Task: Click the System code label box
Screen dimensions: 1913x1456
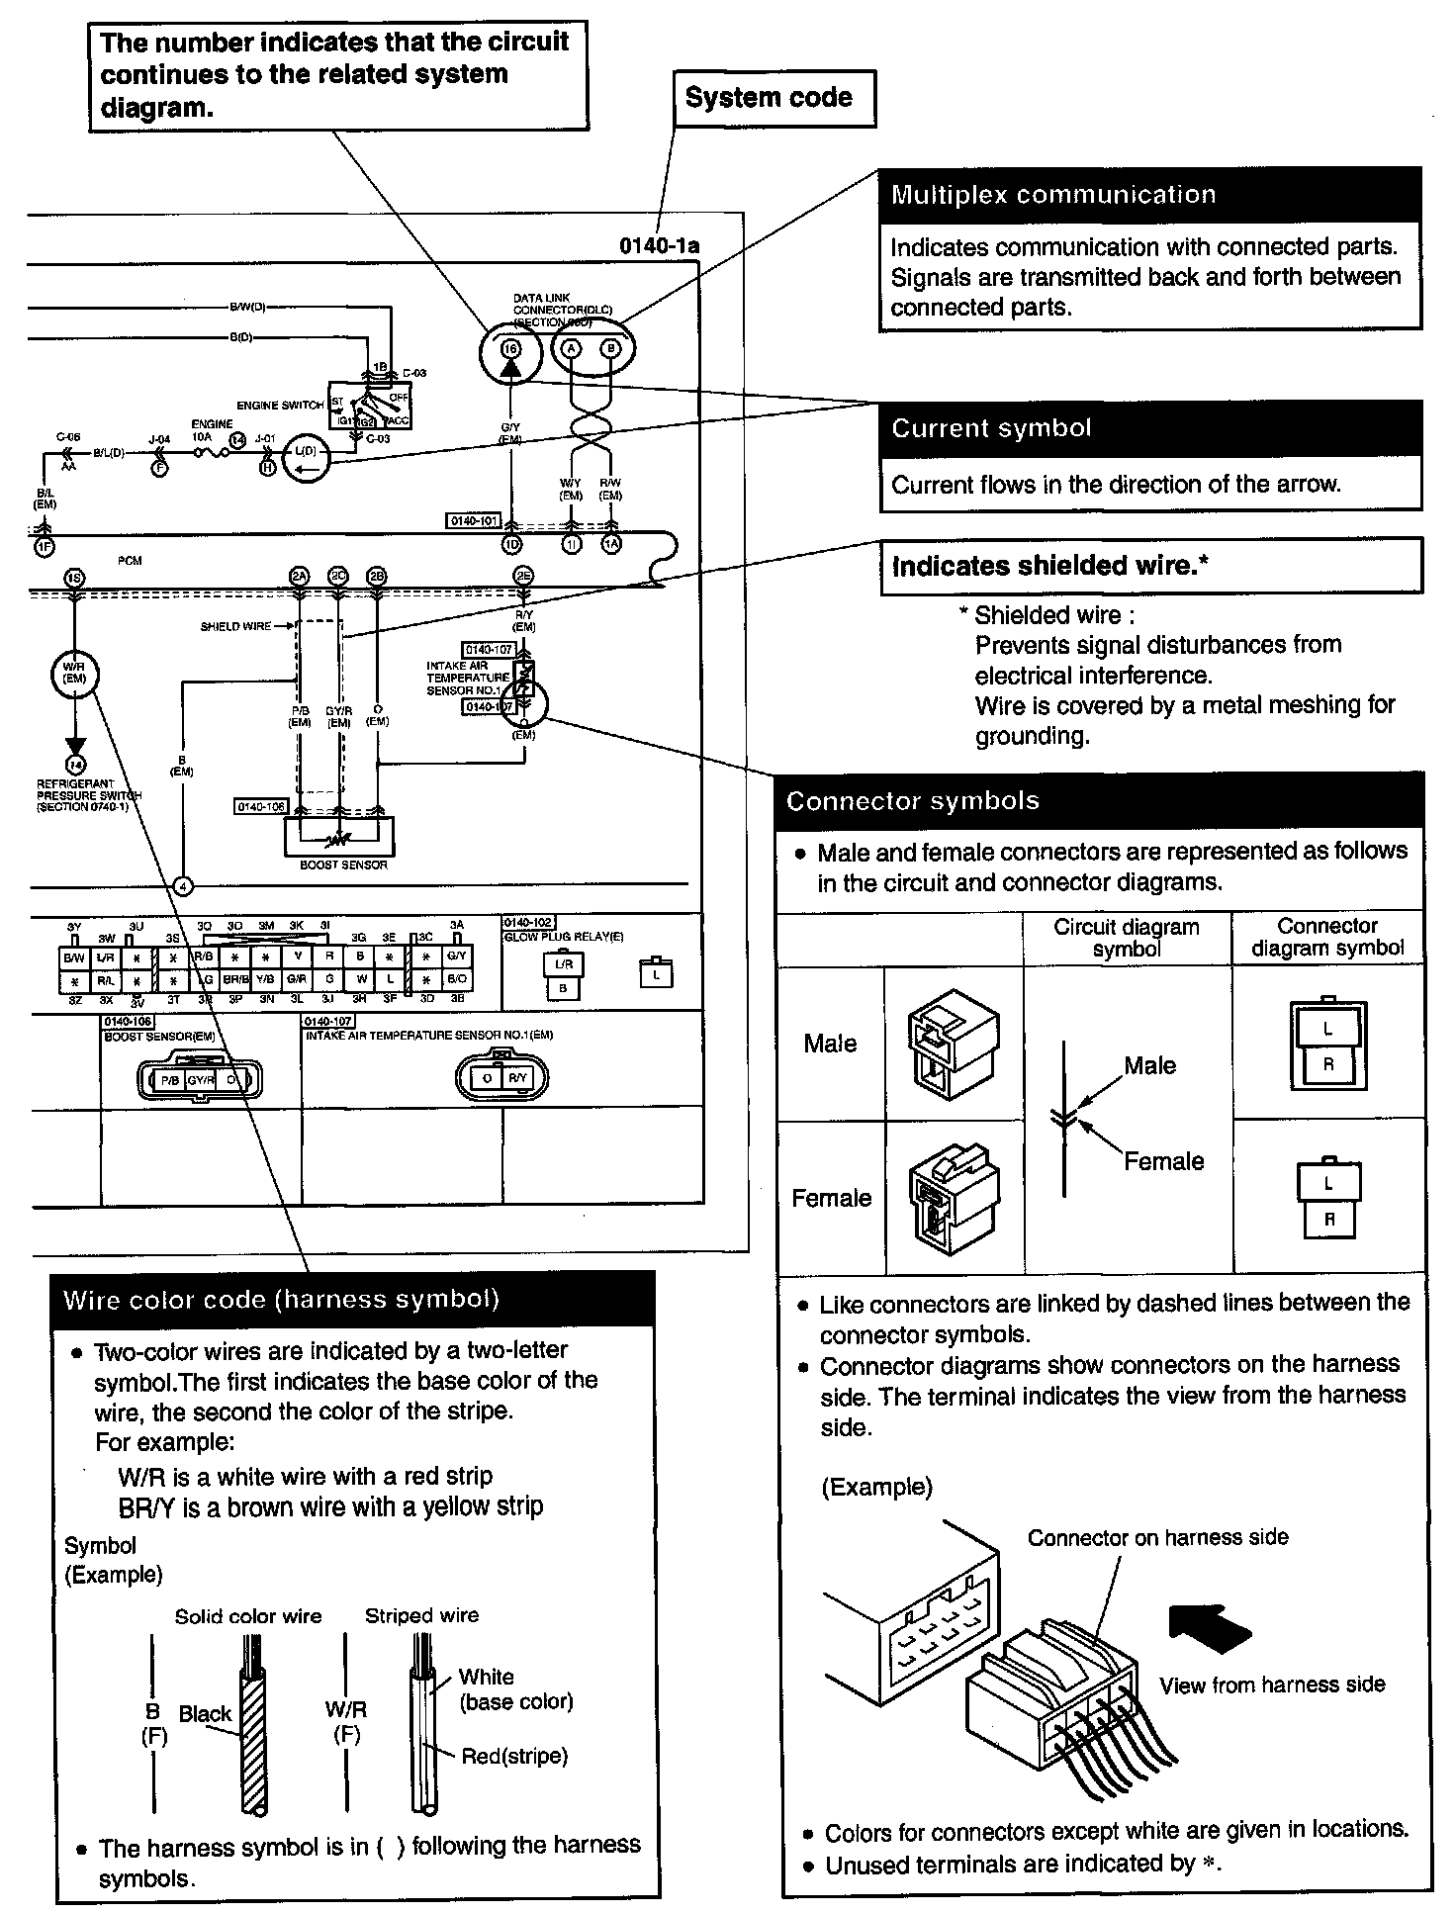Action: click(x=773, y=98)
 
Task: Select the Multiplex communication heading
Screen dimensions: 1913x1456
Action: click(x=1053, y=194)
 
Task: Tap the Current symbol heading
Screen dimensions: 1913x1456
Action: click(x=991, y=428)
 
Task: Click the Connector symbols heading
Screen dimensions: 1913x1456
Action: click(x=913, y=800)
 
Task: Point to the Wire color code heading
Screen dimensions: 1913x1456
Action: click(x=282, y=1299)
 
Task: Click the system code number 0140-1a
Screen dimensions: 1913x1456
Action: click(x=660, y=245)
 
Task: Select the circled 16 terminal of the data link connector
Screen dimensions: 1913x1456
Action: click(x=510, y=348)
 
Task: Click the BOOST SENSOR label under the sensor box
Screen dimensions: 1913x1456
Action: click(x=343, y=865)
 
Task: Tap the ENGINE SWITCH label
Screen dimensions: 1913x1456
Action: click(x=280, y=406)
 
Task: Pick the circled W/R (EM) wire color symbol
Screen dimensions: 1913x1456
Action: click(x=74, y=674)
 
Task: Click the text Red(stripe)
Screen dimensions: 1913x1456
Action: click(x=514, y=1756)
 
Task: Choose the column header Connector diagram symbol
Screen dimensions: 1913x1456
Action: click(x=1327, y=937)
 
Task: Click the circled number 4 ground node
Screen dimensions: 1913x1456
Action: click(x=183, y=886)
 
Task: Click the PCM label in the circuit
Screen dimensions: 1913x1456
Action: click(x=130, y=561)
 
